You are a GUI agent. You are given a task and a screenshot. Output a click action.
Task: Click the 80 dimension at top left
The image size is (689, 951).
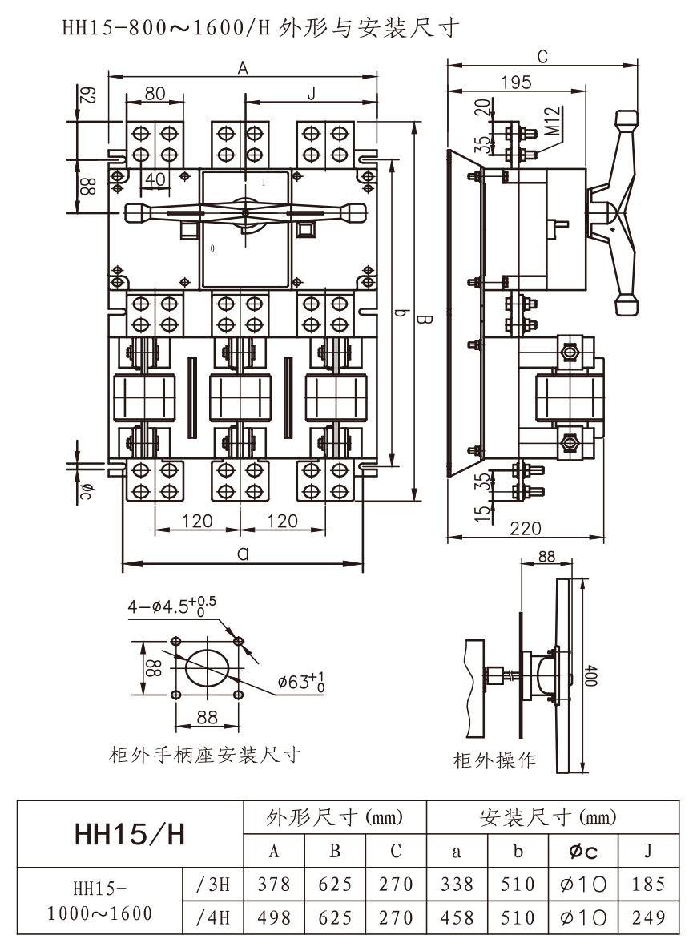pos(155,94)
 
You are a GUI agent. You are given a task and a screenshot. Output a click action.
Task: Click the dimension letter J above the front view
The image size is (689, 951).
pos(311,94)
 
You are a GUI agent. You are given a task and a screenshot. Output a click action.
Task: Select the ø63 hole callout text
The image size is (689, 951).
pos(302,683)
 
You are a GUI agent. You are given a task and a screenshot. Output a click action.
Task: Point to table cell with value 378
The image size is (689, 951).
pos(273,885)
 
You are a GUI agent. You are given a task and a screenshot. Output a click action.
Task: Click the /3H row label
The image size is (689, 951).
pos(212,885)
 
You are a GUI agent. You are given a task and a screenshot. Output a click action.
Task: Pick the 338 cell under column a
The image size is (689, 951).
pos(457,885)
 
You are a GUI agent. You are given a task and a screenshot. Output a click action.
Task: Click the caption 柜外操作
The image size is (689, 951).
pos(494,760)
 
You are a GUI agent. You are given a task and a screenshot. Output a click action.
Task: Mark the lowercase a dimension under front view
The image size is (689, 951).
pos(243,553)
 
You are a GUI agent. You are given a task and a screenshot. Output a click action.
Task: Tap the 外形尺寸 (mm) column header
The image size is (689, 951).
pos(334,818)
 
